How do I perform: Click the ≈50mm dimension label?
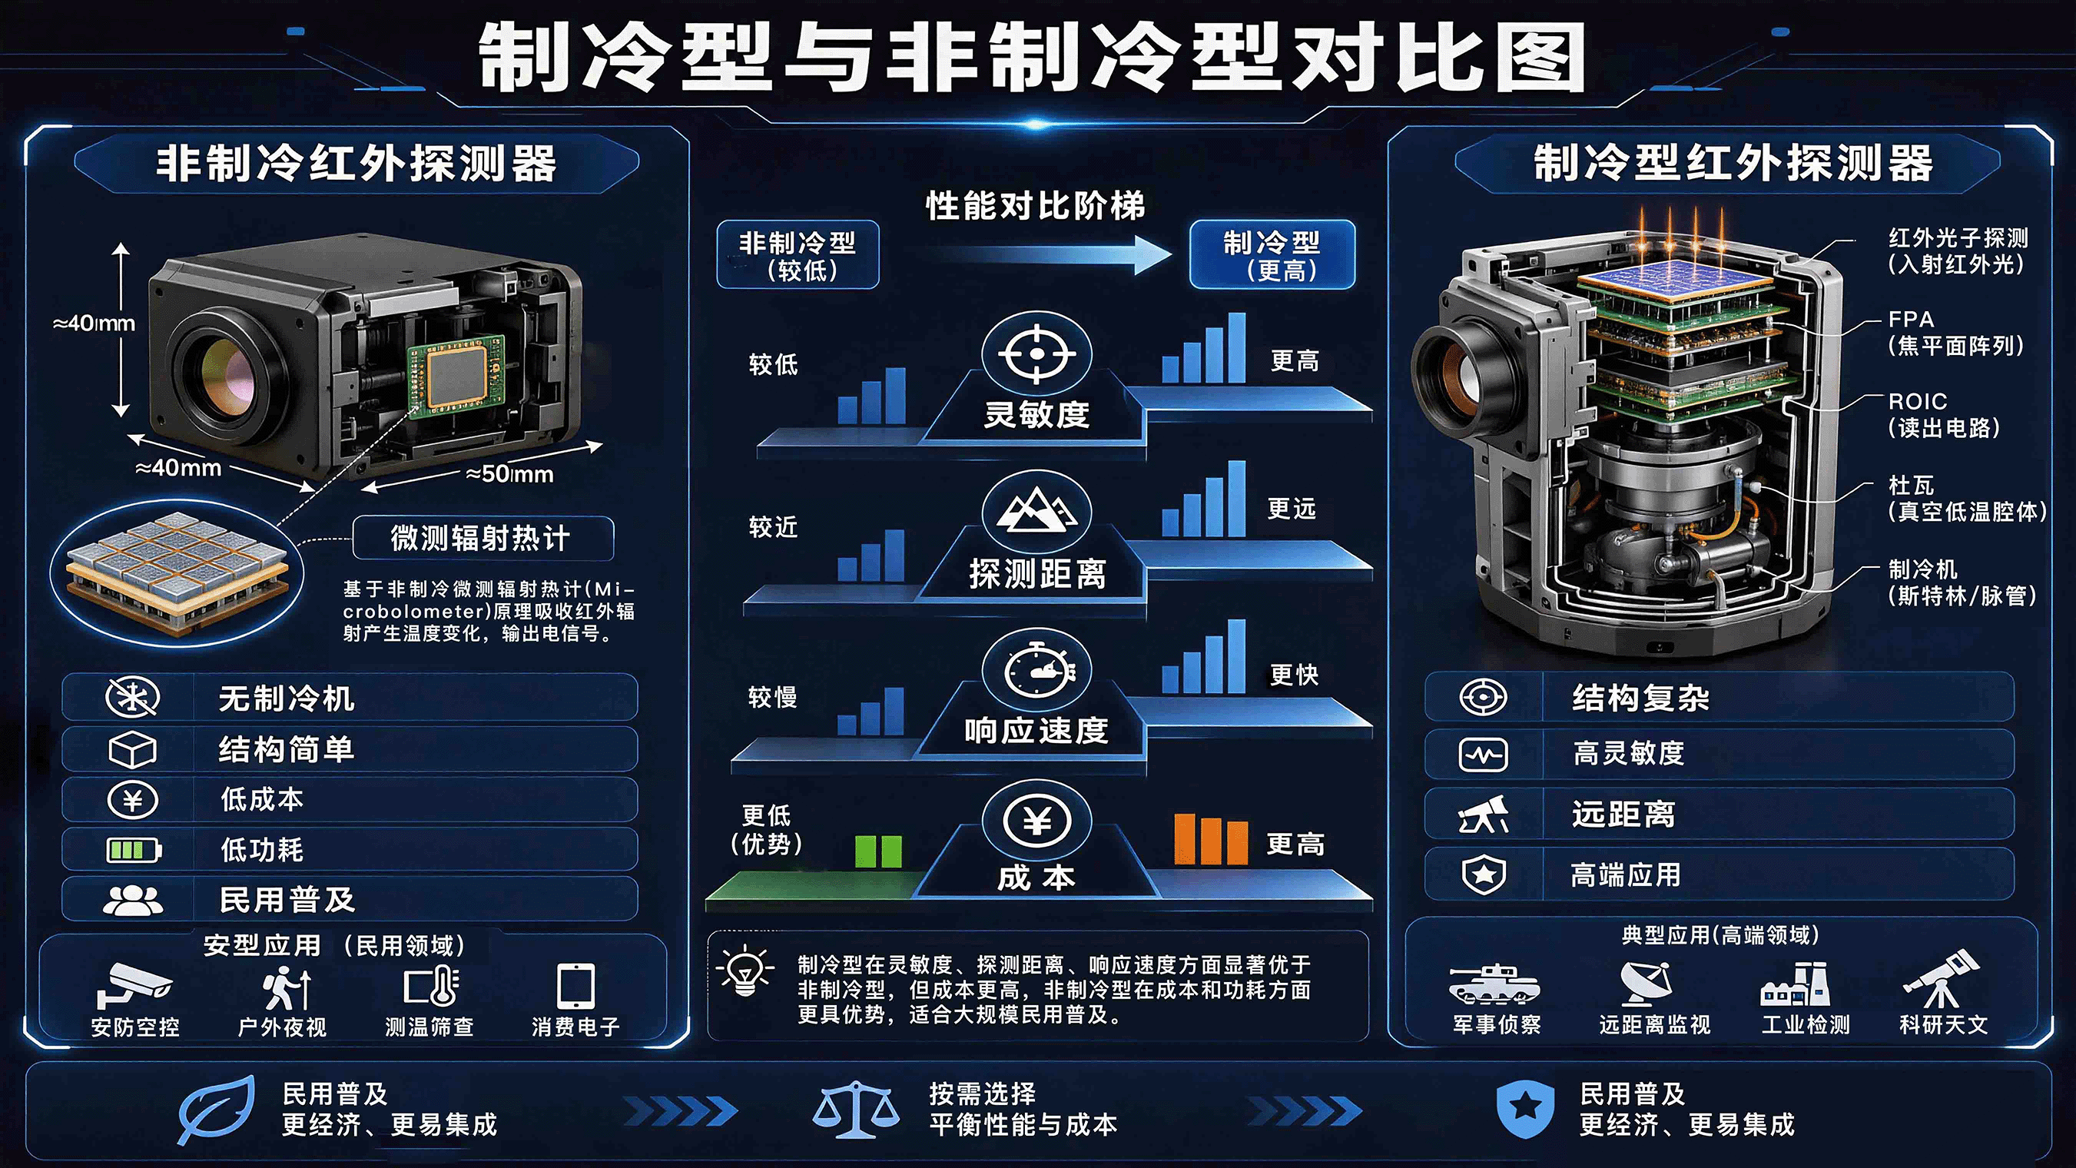(510, 474)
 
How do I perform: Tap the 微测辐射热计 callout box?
(483, 538)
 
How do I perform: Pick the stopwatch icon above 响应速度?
(1038, 669)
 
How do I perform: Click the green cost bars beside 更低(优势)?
(878, 851)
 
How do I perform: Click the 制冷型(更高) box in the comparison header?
(1272, 254)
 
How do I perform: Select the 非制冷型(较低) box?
(798, 254)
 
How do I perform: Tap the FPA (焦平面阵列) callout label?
(1955, 332)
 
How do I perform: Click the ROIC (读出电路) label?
(1943, 414)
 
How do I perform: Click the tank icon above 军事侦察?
(1494, 984)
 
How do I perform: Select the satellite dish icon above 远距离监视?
(1647, 984)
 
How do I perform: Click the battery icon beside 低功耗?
(134, 850)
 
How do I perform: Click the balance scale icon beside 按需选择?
(856, 1109)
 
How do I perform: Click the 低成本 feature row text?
(262, 799)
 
